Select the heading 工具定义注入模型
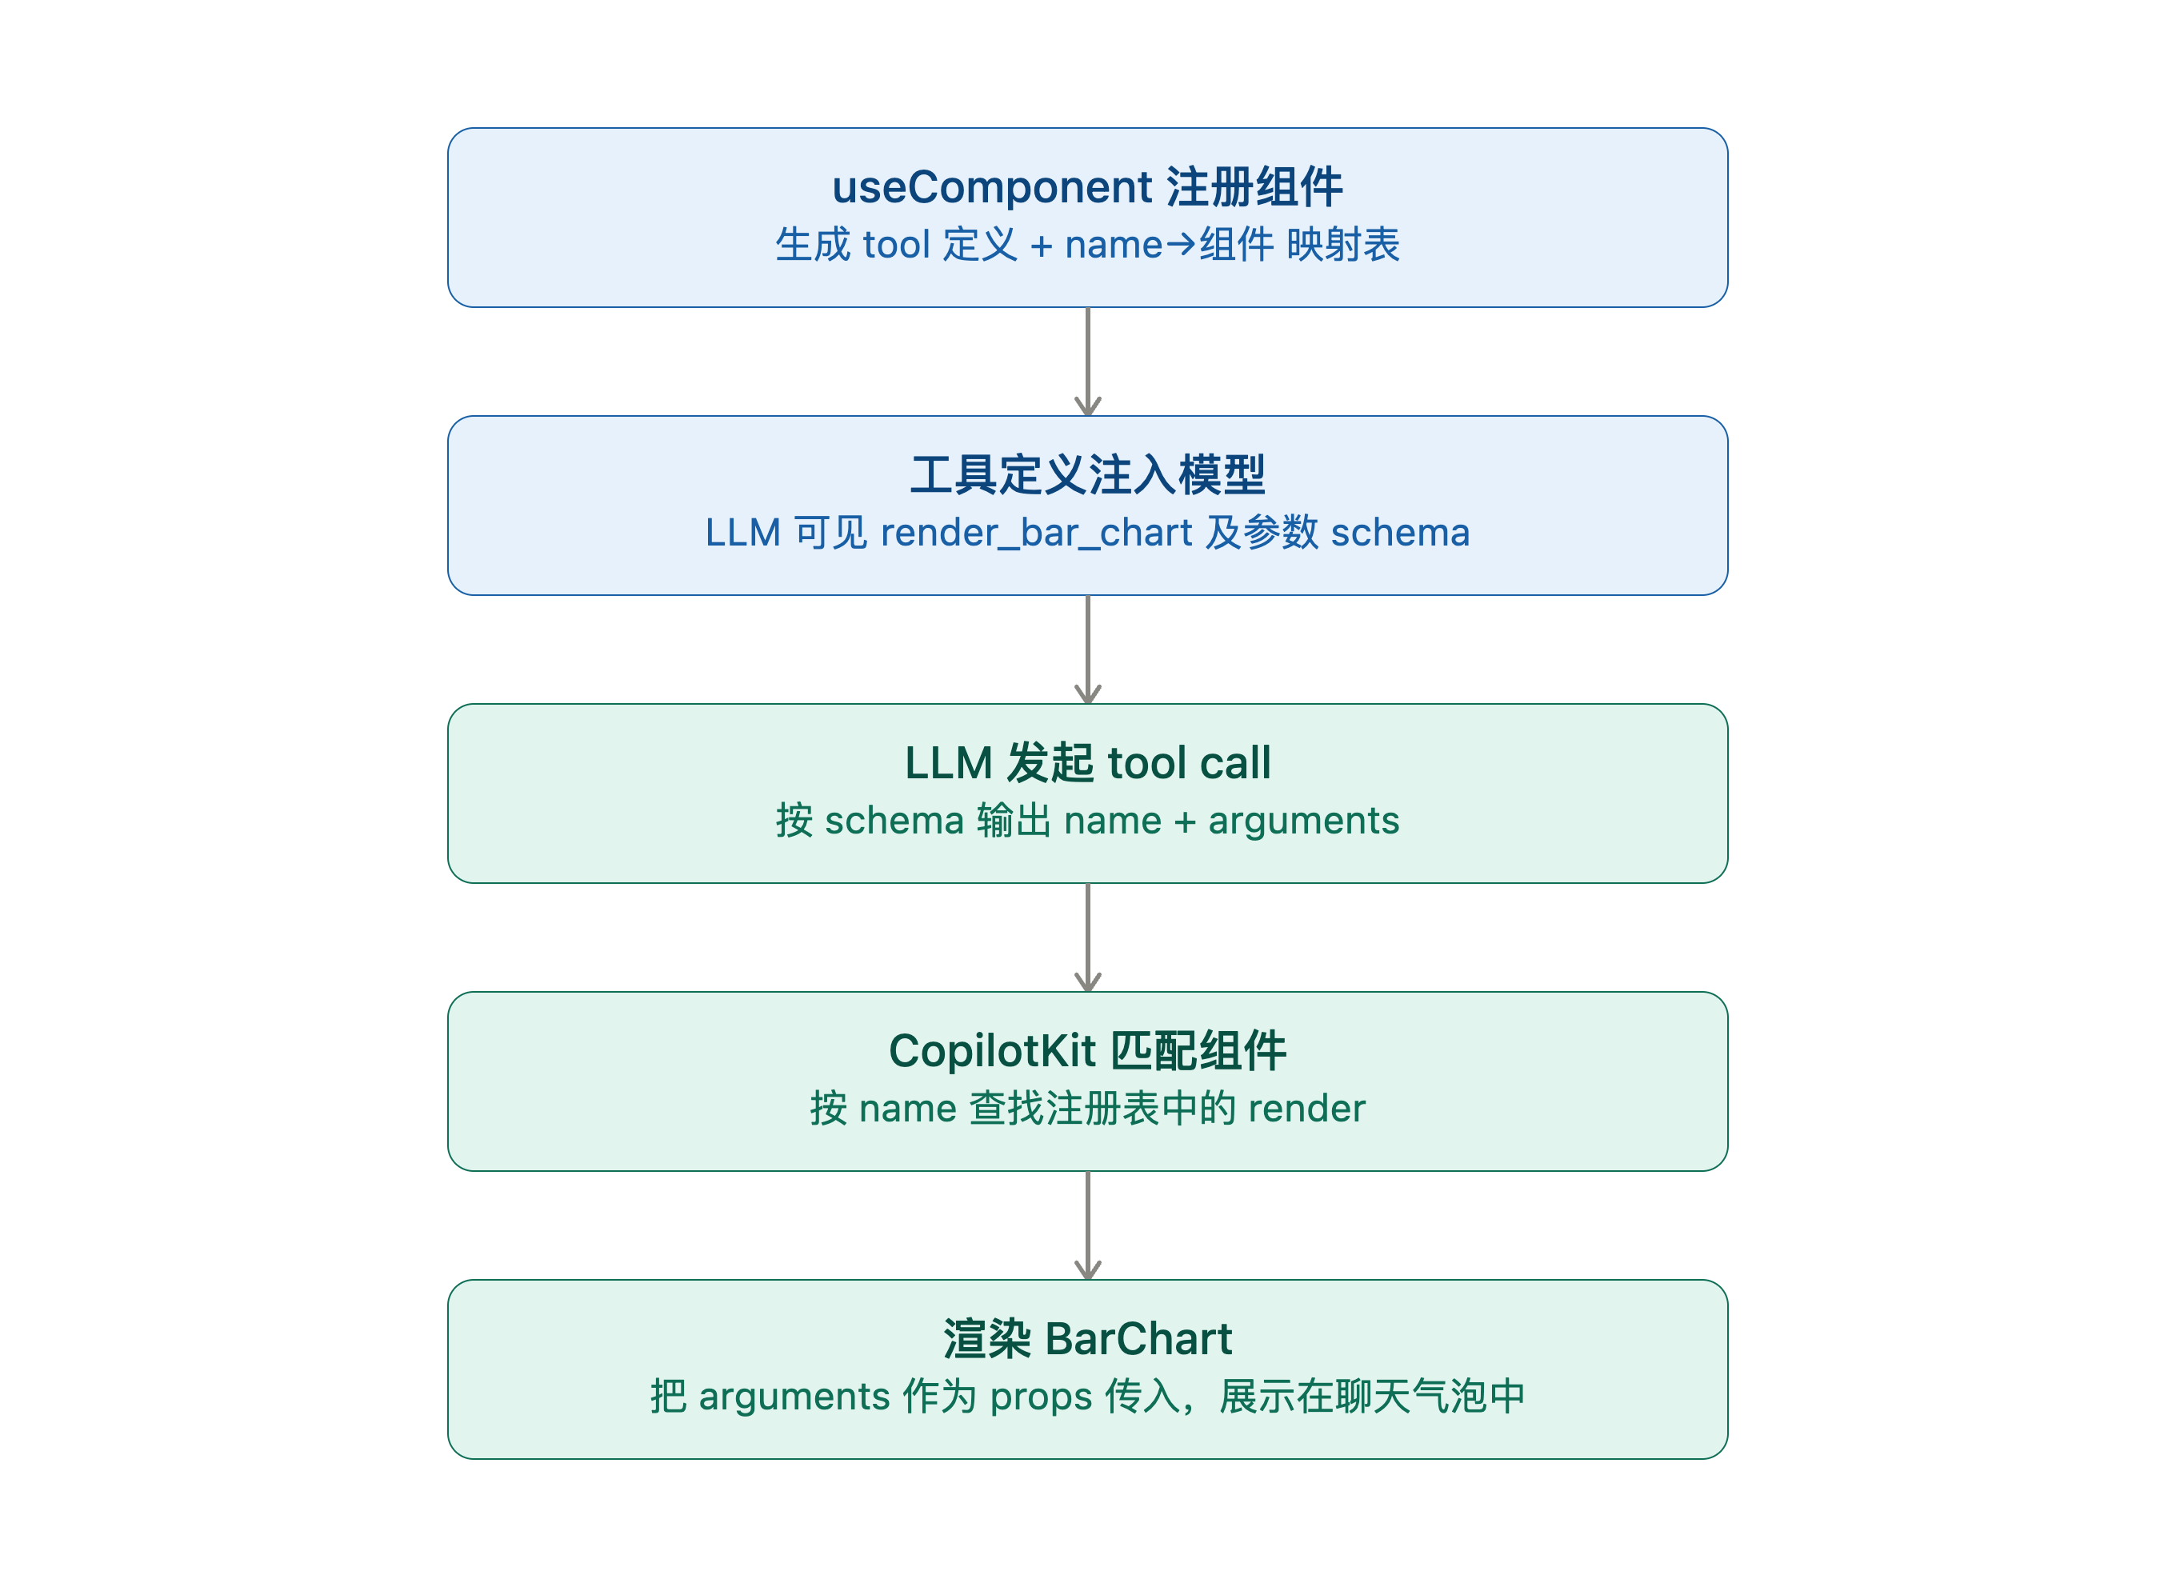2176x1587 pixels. click(x=1087, y=474)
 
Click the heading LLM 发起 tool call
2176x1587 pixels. click(x=1087, y=763)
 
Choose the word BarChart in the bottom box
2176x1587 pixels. click(x=1138, y=1339)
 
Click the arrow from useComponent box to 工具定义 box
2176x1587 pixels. click(x=1087, y=362)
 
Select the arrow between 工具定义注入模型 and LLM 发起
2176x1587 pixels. click(x=1087, y=650)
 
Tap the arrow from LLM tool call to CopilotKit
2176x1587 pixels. click(x=1087, y=937)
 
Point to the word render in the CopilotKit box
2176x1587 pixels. click(x=1306, y=1109)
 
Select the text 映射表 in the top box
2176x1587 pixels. click(x=1343, y=245)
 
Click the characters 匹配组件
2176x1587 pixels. click(x=1198, y=1051)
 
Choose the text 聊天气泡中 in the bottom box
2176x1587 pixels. click(x=1430, y=1397)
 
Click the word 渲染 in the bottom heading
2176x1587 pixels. click(x=986, y=1339)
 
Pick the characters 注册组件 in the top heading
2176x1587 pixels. click(x=1254, y=187)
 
